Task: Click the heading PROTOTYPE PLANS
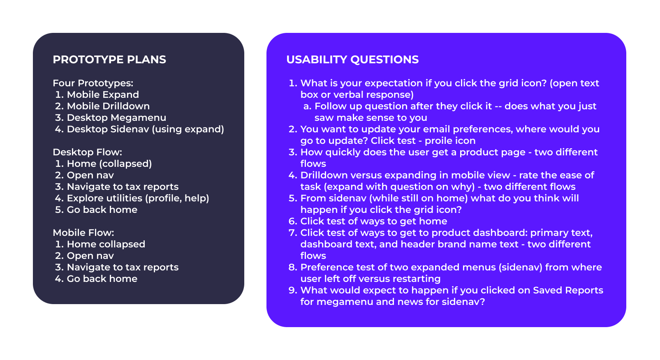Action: (109, 60)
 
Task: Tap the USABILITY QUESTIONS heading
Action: (352, 60)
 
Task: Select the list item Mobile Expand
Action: (103, 95)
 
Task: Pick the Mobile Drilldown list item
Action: (108, 106)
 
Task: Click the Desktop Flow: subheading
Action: (87, 152)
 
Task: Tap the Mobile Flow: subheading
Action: (83, 233)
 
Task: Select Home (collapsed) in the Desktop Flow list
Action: (109, 164)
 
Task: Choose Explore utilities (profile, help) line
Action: (138, 198)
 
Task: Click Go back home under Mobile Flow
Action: (102, 279)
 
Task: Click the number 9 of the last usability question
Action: (292, 291)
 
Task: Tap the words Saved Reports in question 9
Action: (568, 291)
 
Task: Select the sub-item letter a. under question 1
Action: (307, 106)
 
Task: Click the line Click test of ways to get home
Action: (374, 222)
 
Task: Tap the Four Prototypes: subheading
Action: (93, 83)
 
